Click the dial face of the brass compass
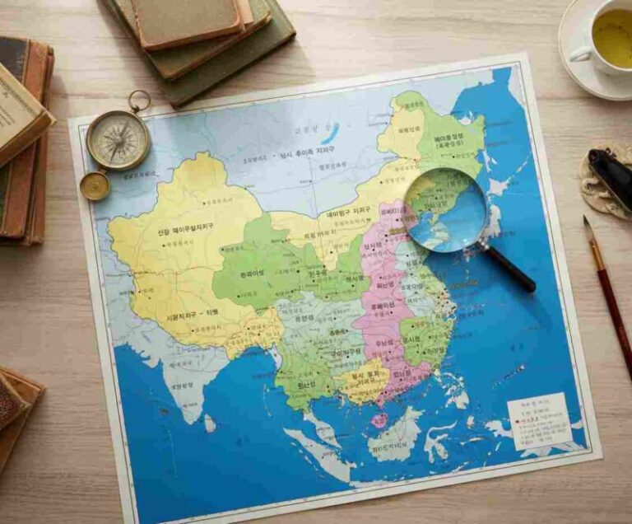118,140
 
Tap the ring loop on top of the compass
139,101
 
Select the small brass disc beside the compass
95,185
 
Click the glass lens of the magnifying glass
444,209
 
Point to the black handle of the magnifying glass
509,269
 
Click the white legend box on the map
539,420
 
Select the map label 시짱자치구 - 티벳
191,316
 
